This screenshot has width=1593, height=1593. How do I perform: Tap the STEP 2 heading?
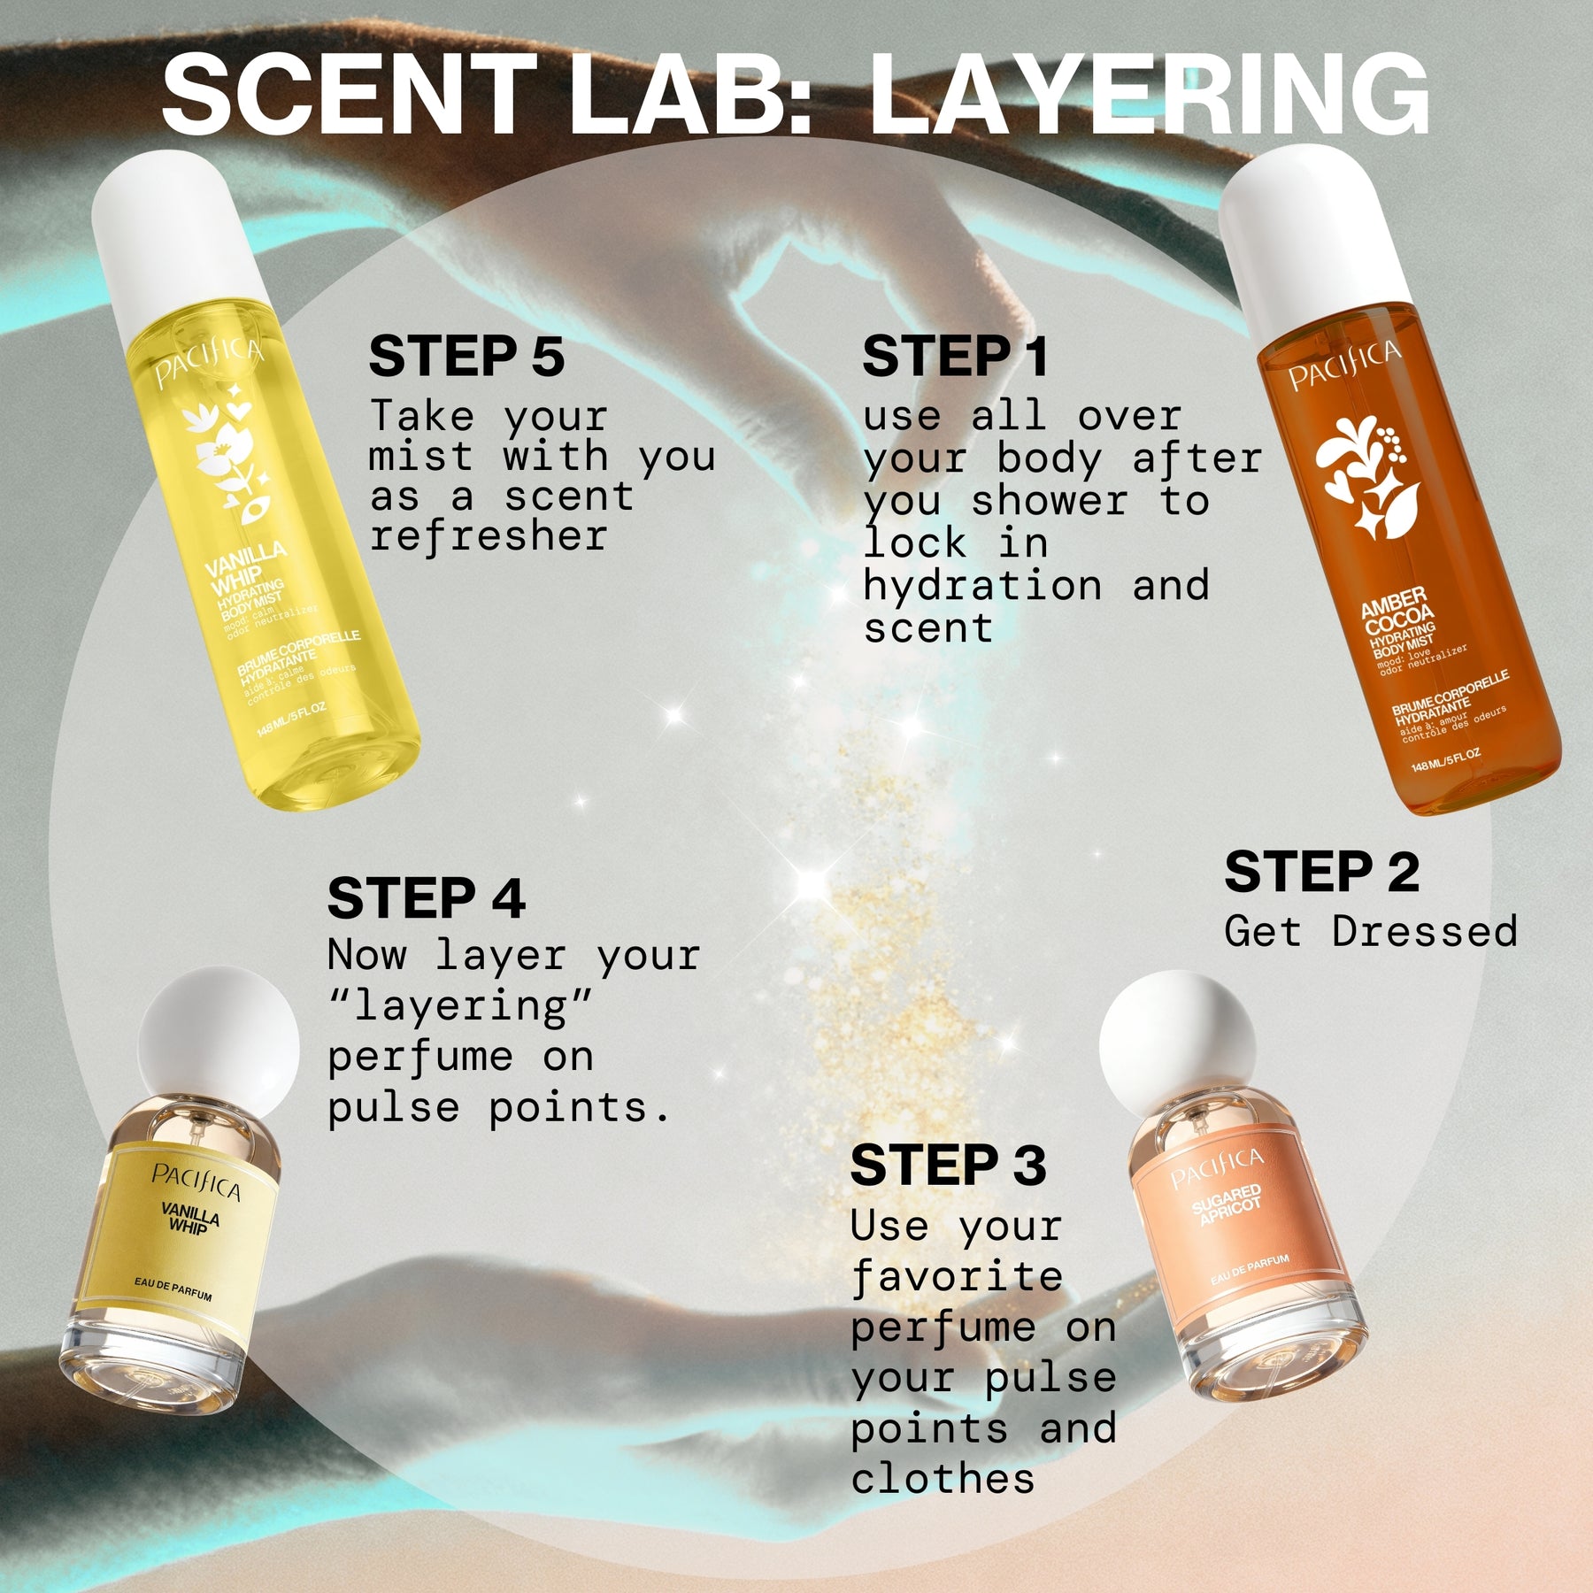pos(1321,872)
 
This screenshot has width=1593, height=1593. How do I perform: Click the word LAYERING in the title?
pos(1149,95)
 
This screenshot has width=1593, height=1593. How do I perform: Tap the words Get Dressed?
pos(1370,931)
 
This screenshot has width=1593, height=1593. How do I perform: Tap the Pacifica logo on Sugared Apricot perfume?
pos(1217,1168)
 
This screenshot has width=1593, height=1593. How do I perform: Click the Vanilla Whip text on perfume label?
pos(190,1218)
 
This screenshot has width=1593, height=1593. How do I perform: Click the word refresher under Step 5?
pos(489,536)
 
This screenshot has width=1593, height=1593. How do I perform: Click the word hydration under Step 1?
pos(982,586)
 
